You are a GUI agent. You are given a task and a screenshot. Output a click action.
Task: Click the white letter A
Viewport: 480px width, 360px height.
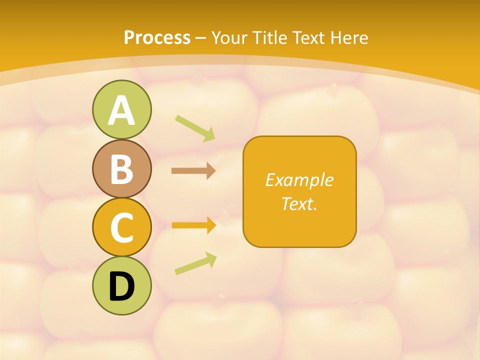point(121,110)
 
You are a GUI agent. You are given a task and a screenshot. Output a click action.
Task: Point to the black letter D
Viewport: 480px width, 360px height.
point(121,286)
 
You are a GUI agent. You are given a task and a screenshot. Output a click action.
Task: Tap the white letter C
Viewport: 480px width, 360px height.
point(121,227)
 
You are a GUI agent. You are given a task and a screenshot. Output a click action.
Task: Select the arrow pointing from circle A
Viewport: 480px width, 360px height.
point(195,128)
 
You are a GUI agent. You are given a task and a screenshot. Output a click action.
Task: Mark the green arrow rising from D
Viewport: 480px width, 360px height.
point(195,263)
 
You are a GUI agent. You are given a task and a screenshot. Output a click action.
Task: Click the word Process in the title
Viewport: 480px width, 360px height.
point(157,38)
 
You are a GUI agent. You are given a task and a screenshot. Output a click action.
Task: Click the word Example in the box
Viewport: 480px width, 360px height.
point(299,180)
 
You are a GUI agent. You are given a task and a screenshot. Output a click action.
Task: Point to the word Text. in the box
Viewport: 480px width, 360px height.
point(299,203)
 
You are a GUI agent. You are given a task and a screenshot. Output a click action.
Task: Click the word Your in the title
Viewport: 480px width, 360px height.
point(229,38)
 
